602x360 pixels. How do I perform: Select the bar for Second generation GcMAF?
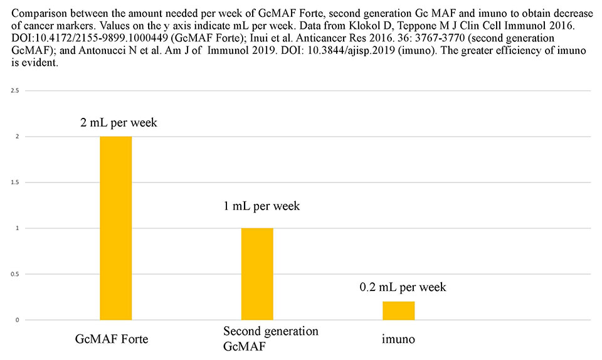point(257,273)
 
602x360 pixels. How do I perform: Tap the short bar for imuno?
point(399,310)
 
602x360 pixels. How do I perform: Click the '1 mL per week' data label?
point(261,206)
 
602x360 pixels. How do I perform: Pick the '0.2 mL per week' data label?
point(403,287)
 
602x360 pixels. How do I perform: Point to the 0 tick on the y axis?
point(17,320)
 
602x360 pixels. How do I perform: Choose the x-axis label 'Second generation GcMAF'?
point(270,337)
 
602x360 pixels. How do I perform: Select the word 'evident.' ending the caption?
point(38,64)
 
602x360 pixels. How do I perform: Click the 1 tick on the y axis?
point(17,228)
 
